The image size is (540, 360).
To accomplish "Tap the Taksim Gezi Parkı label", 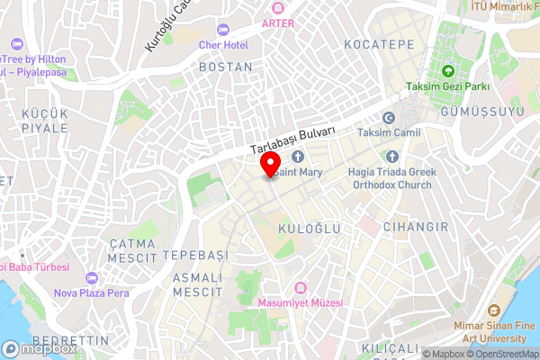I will coord(446,87).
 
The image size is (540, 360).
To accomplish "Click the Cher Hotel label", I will coord(223,44).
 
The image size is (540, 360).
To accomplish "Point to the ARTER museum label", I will coord(277,23).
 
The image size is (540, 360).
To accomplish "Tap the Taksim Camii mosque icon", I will coord(389,118).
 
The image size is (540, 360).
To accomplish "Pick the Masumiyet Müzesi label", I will coord(301,303).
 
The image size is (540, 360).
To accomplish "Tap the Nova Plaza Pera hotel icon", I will coord(91,277).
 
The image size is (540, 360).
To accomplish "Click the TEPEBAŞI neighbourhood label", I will coord(196,256).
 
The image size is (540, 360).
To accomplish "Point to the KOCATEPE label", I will coord(379,44).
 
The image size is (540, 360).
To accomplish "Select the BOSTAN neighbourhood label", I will coord(225,67).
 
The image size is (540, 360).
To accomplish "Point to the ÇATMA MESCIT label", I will coord(133,251).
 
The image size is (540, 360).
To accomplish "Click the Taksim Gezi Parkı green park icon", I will coord(446,71).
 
